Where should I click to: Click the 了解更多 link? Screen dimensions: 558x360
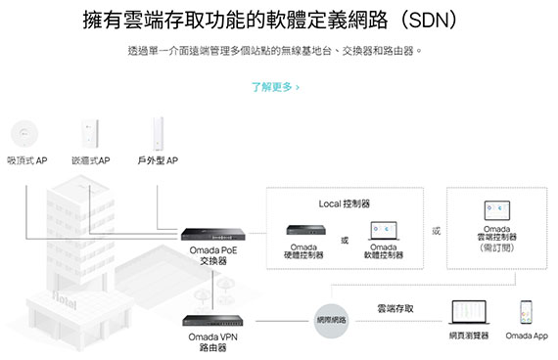pyautogui.click(x=275, y=87)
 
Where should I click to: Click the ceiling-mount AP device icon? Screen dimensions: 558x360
pyautogui.click(x=24, y=134)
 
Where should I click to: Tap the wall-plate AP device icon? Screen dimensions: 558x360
pyautogui.click(x=89, y=133)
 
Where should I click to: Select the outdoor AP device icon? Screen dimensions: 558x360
pyautogui.click(x=158, y=134)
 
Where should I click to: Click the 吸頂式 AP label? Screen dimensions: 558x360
pyautogui.click(x=27, y=160)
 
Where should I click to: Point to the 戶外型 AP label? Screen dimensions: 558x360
pyautogui.click(x=158, y=160)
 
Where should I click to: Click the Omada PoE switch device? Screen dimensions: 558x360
pyautogui.click(x=212, y=235)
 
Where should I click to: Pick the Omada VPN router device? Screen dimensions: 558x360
pyautogui.click(x=212, y=321)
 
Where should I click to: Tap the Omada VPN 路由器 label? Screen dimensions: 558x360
pyautogui.click(x=212, y=341)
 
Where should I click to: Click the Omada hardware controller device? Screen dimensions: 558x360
pyautogui.click(x=306, y=230)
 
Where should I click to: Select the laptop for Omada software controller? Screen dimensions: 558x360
pyautogui.click(x=384, y=231)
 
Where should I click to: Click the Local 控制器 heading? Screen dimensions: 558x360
pyautogui.click(x=345, y=203)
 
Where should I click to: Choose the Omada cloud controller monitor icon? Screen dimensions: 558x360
pyautogui.click(x=497, y=210)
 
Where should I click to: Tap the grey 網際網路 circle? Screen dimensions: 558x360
pyautogui.click(x=331, y=321)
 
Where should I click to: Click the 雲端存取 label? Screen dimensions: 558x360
pyautogui.click(x=395, y=308)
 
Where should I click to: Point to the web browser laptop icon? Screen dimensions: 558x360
pyautogui.click(x=469, y=312)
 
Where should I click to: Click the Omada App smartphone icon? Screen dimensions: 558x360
pyautogui.click(x=526, y=312)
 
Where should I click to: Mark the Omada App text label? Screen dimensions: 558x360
pyautogui.click(x=527, y=336)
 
